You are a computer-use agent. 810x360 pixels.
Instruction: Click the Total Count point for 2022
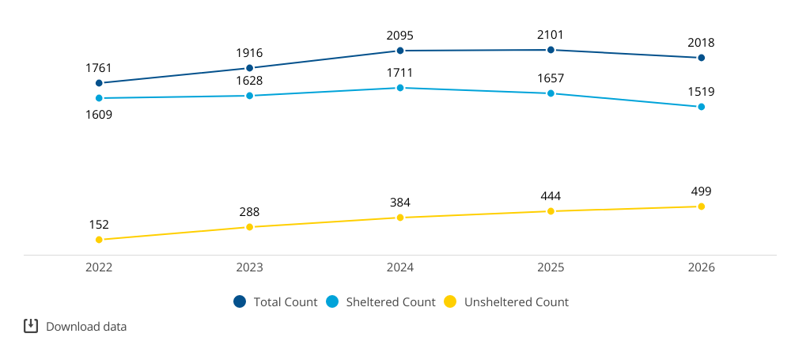coord(99,83)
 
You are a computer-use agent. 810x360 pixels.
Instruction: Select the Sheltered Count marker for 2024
coord(399,88)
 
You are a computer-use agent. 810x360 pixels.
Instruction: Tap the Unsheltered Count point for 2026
coord(701,207)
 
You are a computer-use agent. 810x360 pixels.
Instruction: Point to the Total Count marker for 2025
coord(551,50)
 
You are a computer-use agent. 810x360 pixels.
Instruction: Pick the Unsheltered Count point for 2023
coord(249,227)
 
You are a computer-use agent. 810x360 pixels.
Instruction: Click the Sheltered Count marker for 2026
coord(701,107)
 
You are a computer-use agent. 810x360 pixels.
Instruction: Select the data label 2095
coord(399,36)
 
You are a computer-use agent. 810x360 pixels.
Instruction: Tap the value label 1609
coord(99,114)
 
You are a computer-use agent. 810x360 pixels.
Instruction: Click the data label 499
coord(701,191)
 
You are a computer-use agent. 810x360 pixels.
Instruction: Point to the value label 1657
coord(551,78)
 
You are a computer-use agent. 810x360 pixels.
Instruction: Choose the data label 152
coord(99,225)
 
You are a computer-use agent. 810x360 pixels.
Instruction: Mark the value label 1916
coord(249,53)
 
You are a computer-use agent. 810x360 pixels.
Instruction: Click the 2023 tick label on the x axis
coord(249,267)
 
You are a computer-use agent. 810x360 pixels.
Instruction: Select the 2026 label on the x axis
coord(701,267)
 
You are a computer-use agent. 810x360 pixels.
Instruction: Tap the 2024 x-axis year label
coord(399,267)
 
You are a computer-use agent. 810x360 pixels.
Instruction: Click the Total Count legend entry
coord(275,302)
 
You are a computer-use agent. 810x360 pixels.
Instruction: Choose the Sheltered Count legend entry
coord(381,302)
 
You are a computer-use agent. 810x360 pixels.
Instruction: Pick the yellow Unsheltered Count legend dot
coord(451,302)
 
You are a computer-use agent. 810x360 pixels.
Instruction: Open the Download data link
coord(86,327)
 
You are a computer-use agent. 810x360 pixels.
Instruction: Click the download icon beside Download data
coord(31,326)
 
